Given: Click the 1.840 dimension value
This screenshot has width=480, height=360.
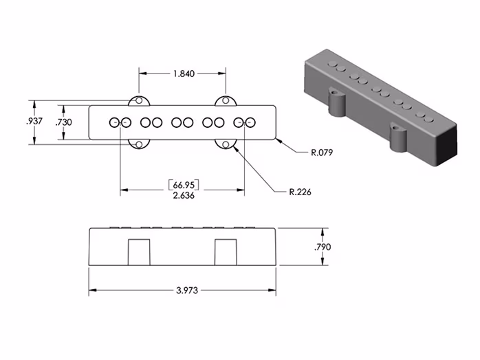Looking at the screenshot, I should coord(182,74).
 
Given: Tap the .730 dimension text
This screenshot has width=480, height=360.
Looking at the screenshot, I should coord(63,122).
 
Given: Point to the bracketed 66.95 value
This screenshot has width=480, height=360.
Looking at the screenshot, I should coord(183,185).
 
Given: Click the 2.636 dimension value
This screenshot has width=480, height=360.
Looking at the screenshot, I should coord(183,196).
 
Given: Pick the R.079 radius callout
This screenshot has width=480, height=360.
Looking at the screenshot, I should coord(321,153).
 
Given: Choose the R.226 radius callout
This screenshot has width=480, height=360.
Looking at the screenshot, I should coord(300,192).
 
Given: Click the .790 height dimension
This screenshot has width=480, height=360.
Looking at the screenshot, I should coord(323,247).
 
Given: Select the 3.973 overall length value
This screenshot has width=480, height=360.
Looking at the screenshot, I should coord(183,291).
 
